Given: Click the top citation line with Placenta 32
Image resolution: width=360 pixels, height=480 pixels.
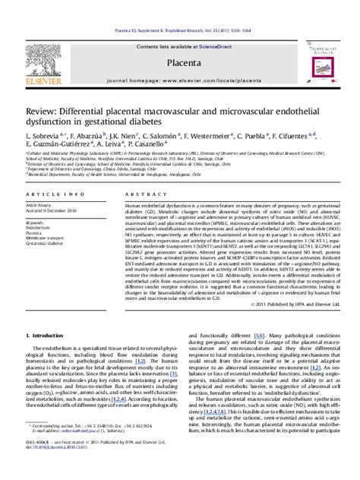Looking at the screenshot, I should [x=179, y=10].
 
